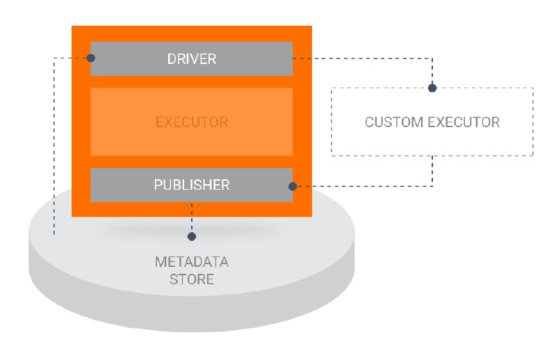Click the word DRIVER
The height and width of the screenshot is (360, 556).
(x=192, y=59)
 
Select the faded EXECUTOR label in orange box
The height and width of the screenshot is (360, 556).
(x=192, y=122)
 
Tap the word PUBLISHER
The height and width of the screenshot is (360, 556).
(x=192, y=185)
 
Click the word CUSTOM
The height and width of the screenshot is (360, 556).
(x=394, y=122)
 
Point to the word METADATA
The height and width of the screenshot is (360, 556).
(x=192, y=262)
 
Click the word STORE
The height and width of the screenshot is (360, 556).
(x=192, y=279)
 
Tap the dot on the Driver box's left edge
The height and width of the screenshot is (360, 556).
(x=91, y=58)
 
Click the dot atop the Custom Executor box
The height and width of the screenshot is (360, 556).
(x=432, y=88)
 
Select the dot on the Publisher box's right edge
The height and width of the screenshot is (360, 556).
(x=293, y=186)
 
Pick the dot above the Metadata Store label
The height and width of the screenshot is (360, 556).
(x=192, y=236)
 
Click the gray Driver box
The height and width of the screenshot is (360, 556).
(x=192, y=59)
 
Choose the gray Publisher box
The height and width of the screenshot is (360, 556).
(x=192, y=185)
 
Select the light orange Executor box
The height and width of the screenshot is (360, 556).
(x=192, y=122)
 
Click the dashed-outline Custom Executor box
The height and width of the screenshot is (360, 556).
(x=332, y=122)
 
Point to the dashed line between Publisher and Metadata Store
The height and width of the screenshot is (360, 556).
(x=192, y=217)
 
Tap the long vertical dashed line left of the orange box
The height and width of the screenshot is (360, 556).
(x=54, y=145)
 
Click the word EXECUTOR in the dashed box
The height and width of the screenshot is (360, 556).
(x=464, y=122)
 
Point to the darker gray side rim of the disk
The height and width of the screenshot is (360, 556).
(x=192, y=314)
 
